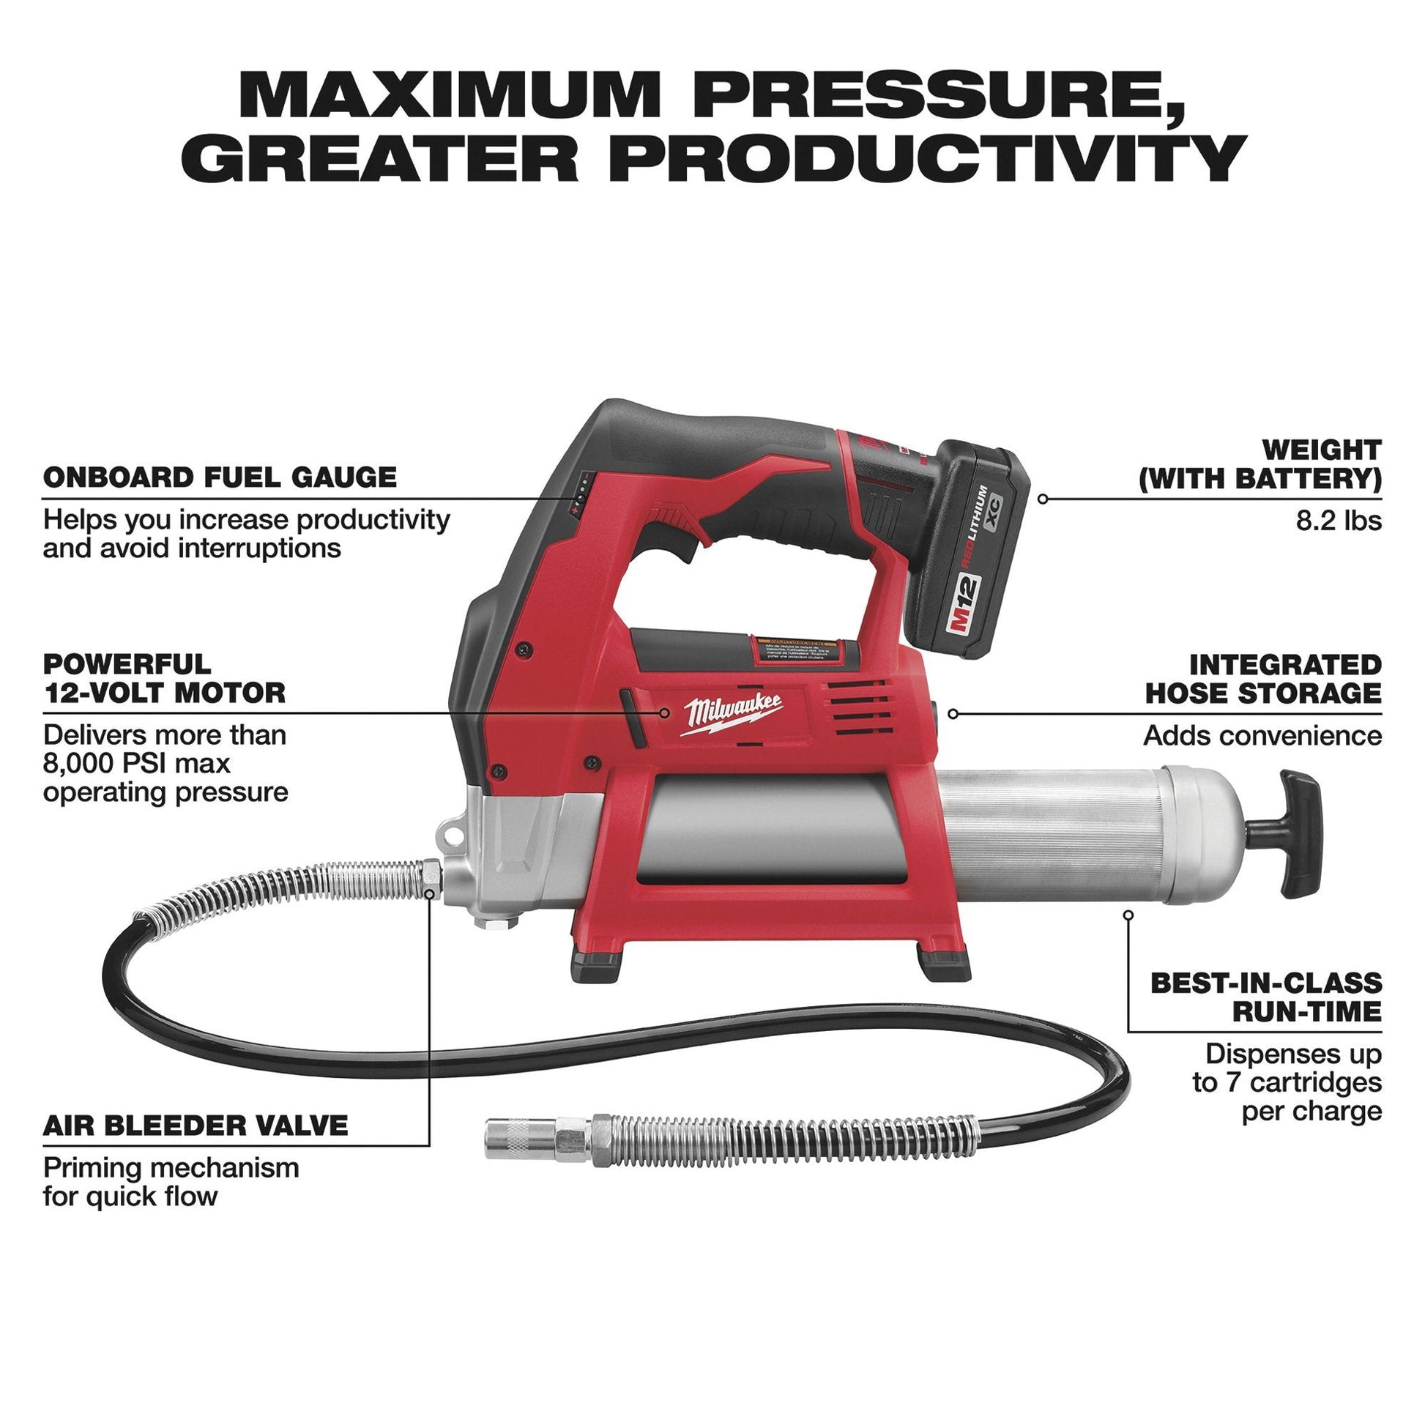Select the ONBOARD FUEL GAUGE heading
point(220,477)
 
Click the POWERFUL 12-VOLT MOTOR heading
point(164,678)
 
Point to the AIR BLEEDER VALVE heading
point(196,1125)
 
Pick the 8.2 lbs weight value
point(1339,521)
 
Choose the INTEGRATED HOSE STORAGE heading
point(1263,679)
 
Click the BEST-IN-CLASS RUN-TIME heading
point(1265,997)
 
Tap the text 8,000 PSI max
point(137,762)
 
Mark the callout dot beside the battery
point(1042,499)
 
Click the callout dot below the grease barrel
point(1128,915)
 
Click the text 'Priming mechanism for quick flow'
point(171,1182)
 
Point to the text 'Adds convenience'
point(1262,735)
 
